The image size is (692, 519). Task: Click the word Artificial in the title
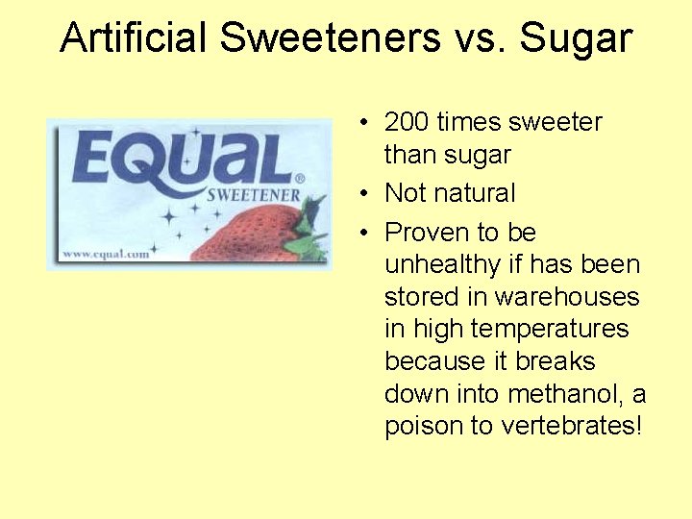pos(133,38)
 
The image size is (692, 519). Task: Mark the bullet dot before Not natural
pos(366,194)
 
